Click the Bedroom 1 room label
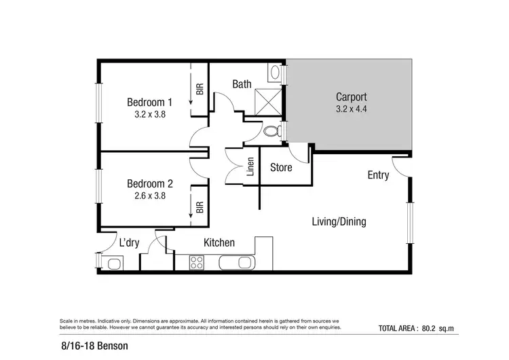[x=150, y=102]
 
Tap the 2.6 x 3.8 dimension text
[x=150, y=196]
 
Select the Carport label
[x=351, y=96]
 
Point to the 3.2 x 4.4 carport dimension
[x=351, y=108]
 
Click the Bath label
[x=242, y=84]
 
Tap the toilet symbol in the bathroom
[x=272, y=130]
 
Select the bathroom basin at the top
[x=275, y=72]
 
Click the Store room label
[x=281, y=167]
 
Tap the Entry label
[x=378, y=175]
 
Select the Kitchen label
[x=219, y=242]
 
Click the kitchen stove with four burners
[x=198, y=262]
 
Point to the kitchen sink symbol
[x=235, y=262]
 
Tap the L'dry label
[x=130, y=242]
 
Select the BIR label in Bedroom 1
[x=200, y=89]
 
